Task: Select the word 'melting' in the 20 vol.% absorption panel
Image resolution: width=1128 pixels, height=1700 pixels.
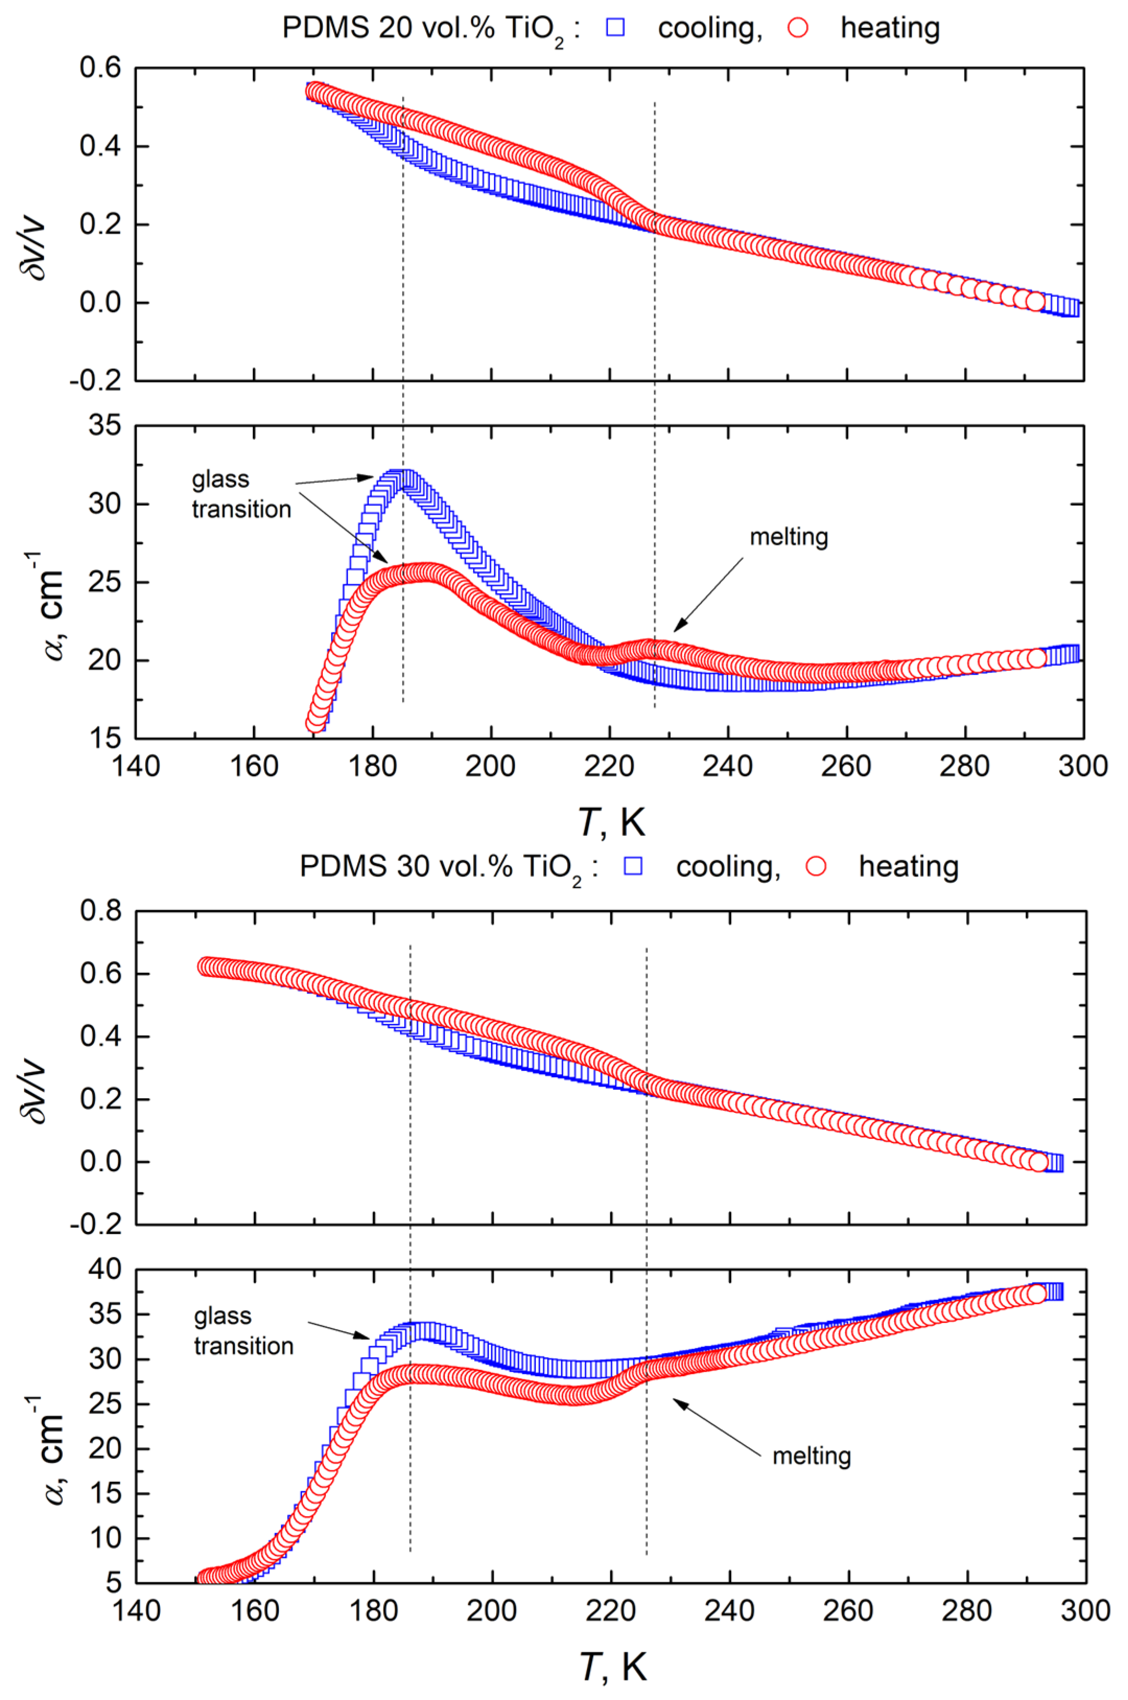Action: (789, 537)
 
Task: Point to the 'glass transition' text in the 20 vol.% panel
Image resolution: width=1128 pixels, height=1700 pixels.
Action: (240, 494)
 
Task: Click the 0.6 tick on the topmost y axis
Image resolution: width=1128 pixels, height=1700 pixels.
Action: (100, 69)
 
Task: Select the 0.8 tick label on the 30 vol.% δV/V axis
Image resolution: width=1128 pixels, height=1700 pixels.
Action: (100, 911)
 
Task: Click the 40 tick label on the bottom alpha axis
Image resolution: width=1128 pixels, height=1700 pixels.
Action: (105, 1269)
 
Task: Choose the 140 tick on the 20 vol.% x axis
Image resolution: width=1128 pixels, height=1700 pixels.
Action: (136, 766)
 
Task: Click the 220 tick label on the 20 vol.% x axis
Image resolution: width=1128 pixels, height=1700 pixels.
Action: (610, 766)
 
